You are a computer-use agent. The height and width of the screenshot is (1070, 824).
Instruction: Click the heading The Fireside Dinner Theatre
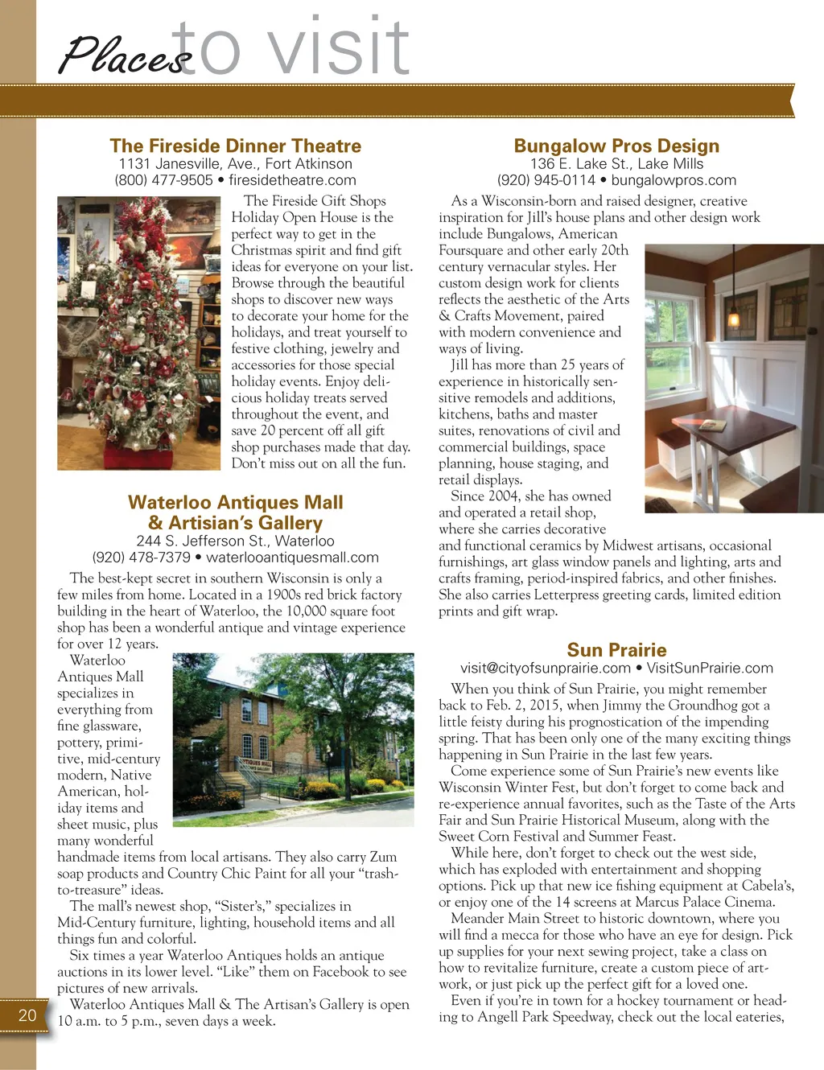tap(235, 146)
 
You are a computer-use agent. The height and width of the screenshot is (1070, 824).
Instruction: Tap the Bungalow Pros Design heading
tap(616, 146)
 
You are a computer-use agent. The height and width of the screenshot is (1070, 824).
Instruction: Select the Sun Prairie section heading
tap(616, 650)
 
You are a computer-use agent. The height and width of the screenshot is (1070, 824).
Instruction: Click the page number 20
tap(27, 1015)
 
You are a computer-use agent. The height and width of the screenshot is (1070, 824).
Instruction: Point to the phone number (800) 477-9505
tap(164, 180)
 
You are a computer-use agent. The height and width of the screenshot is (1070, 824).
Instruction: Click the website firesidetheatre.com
tap(292, 180)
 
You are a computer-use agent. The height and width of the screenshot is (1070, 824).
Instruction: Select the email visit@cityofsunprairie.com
tap(545, 668)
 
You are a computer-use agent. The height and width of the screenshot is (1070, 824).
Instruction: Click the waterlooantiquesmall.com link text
tap(292, 558)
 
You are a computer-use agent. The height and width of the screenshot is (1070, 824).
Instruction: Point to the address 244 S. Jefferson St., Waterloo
tap(235, 541)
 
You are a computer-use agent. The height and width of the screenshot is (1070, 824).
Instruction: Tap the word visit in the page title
tap(338, 48)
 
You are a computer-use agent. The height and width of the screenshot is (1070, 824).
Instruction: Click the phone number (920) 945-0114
tap(546, 180)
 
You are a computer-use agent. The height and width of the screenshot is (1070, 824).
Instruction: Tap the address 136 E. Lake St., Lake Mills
tap(616, 163)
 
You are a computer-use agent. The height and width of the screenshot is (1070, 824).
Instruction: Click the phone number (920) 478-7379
tap(142, 558)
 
